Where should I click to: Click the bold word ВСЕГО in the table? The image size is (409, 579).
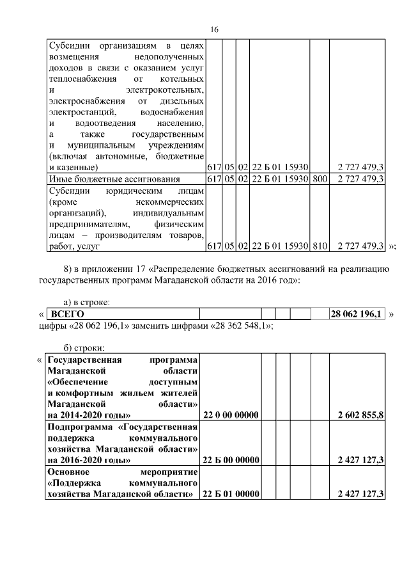(x=67, y=314)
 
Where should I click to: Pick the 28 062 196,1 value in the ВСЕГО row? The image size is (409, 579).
(x=357, y=314)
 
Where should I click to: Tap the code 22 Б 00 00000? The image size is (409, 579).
(x=230, y=459)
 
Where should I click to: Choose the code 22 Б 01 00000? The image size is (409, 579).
(x=230, y=494)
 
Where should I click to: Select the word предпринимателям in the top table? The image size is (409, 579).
(x=88, y=224)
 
